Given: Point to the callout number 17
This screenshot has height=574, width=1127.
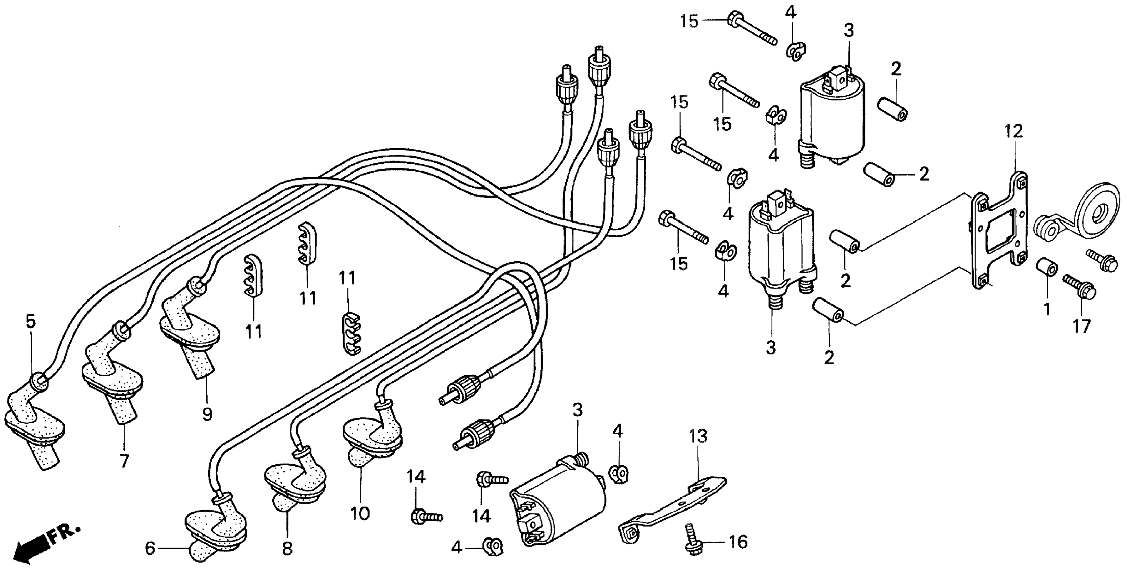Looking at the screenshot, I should click(x=1081, y=326).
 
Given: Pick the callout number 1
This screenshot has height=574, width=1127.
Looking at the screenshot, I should click(x=1047, y=310).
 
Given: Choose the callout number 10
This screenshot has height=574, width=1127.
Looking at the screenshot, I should click(x=360, y=513).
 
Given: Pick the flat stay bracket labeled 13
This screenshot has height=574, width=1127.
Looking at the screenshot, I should click(x=674, y=512).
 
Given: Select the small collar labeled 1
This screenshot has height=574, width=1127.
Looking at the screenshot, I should click(x=1047, y=267).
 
